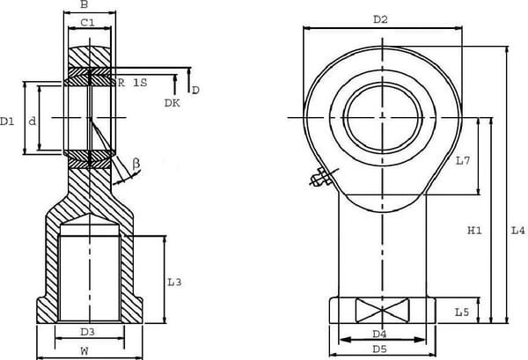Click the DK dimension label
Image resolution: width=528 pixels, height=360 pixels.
tap(172, 103)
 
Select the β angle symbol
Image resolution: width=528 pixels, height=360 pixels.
tap(136, 163)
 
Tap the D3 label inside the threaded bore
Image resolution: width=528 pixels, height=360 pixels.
tap(88, 332)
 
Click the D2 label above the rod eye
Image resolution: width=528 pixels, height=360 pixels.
tap(380, 18)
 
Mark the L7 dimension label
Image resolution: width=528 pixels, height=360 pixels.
tap(465, 160)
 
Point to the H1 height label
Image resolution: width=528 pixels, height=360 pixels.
tap(474, 231)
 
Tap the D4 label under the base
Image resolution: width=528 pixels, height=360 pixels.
tap(380, 334)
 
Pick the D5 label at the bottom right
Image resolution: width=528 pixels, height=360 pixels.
tap(380, 349)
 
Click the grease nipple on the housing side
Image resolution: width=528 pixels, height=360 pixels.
tap(319, 179)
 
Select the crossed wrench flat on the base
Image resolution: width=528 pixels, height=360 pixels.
tap(381, 311)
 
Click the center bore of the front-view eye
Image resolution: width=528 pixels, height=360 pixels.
tap(384, 117)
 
